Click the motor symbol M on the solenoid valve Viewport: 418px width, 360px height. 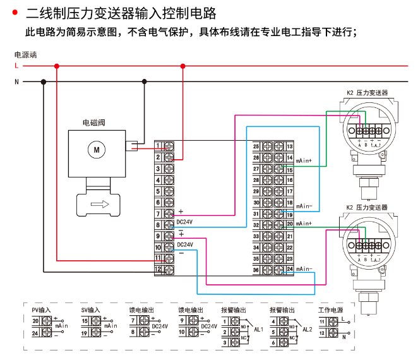97,150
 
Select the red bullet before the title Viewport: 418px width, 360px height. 14,11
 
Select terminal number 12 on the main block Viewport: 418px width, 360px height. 158,270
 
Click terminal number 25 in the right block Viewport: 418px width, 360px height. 256,147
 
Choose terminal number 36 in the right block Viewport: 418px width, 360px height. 256,270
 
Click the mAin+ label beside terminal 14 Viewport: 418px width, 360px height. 304,160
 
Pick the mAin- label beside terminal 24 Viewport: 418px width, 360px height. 304,269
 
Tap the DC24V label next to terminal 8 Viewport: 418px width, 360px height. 185,222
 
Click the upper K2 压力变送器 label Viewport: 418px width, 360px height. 367,93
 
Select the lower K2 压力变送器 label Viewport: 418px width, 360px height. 367,207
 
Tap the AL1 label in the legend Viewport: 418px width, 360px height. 258,330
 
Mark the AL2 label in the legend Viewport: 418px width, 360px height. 308,330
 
